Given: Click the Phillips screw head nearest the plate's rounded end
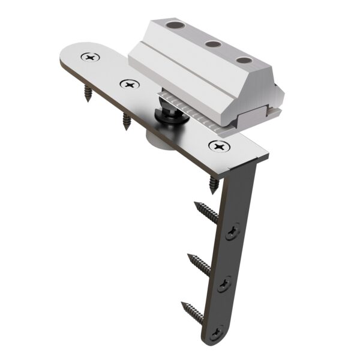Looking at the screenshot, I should pos(91,58).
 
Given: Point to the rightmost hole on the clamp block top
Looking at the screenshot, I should pos(243,60).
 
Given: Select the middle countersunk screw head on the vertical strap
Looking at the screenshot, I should pos(227,281).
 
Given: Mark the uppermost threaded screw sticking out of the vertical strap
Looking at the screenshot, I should pos(207,213).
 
